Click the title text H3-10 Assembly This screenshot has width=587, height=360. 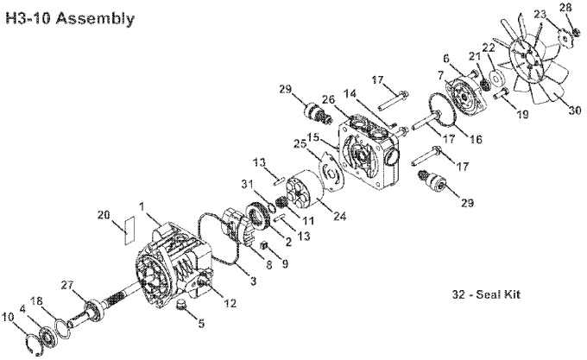[x=70, y=18]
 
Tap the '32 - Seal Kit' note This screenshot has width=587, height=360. [x=486, y=294]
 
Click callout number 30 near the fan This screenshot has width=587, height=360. [x=575, y=111]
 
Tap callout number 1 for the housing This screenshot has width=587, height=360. [x=142, y=206]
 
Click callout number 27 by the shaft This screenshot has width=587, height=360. [x=68, y=286]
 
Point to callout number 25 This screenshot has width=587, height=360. [x=300, y=144]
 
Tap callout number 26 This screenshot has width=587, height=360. [x=329, y=99]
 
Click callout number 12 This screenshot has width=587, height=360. [x=230, y=303]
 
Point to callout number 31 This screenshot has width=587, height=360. [x=248, y=184]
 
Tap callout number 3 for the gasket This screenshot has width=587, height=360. [x=254, y=281]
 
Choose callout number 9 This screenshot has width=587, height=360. [x=285, y=264]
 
